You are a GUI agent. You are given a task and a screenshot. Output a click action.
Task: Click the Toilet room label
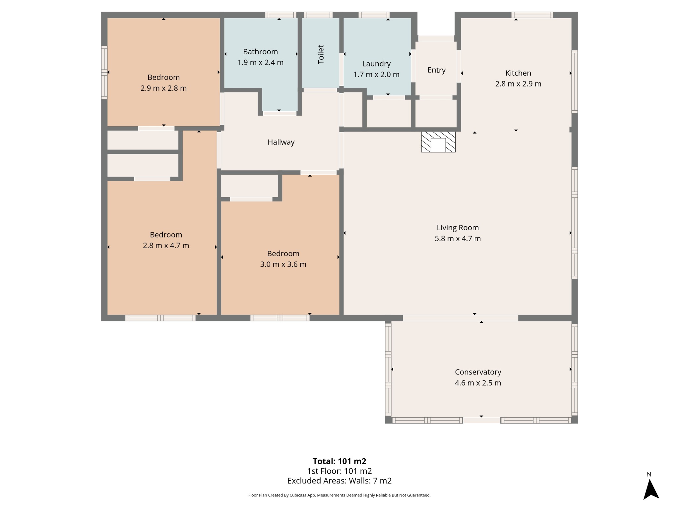[321, 54]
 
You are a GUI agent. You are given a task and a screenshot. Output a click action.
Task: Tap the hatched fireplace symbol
[438, 142]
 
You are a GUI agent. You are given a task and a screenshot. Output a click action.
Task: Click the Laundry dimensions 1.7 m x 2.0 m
[376, 75]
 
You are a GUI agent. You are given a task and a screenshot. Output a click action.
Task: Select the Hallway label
[281, 142]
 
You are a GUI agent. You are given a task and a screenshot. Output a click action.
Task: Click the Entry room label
[436, 70]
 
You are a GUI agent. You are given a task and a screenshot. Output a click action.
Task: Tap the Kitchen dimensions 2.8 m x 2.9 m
[518, 84]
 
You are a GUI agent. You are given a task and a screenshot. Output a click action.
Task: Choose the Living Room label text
[458, 228]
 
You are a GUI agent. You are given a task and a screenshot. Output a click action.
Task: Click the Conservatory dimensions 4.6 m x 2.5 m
[478, 383]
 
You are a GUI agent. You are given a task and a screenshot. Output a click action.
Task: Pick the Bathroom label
[260, 52]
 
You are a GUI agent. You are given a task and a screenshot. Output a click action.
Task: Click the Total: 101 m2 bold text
[339, 461]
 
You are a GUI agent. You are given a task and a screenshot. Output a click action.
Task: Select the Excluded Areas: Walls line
[339, 481]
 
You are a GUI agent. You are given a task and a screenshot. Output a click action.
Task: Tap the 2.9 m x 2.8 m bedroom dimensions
[163, 88]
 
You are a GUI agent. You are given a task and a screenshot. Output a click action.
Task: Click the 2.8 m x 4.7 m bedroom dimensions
[166, 246]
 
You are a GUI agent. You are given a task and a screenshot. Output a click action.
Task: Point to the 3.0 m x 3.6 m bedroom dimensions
[283, 264]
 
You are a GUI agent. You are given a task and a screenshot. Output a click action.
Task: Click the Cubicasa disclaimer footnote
[339, 495]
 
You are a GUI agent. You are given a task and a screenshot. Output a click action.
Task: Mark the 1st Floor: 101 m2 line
[339, 471]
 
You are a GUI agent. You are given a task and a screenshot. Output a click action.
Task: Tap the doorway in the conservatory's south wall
[481, 421]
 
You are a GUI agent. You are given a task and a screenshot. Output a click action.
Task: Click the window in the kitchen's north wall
[532, 15]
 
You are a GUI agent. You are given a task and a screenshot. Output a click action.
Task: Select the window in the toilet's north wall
[318, 15]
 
